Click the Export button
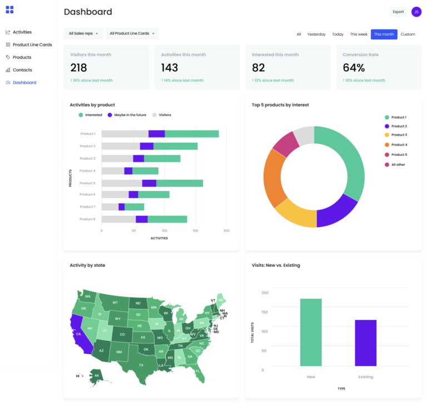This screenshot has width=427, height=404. pyautogui.click(x=398, y=12)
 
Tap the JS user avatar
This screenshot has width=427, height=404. pyautogui.click(x=416, y=12)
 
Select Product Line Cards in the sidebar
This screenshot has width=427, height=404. pyautogui.click(x=32, y=45)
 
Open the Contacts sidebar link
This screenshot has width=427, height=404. pyautogui.click(x=22, y=70)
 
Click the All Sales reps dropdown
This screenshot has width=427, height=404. pyautogui.click(x=83, y=34)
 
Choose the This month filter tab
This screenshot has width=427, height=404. pyautogui.click(x=384, y=35)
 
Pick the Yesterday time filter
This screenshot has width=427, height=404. pyautogui.click(x=316, y=35)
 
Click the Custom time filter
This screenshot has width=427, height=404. pyautogui.click(x=408, y=35)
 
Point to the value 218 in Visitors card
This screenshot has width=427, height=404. pyautogui.click(x=79, y=68)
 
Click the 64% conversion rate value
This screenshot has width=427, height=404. pyautogui.click(x=354, y=68)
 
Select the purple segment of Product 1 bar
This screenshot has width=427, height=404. pyautogui.click(x=157, y=134)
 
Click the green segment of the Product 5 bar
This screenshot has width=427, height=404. pyautogui.click(x=180, y=183)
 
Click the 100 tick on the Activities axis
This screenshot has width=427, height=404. pyautogui.click(x=164, y=230)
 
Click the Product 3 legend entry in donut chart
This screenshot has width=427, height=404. pyautogui.click(x=398, y=135)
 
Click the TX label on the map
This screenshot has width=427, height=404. pyautogui.click(x=141, y=365)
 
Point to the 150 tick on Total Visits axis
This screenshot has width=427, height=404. pyautogui.click(x=265, y=312)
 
